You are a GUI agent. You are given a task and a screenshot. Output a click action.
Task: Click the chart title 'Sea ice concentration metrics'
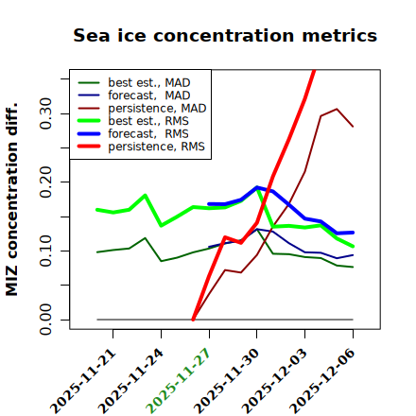225,35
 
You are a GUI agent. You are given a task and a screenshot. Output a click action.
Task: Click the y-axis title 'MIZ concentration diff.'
11,199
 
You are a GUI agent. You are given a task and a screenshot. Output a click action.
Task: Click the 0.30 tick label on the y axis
45,113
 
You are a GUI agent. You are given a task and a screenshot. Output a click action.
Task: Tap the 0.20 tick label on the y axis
45,182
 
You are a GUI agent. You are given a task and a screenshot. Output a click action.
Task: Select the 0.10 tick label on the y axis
45,251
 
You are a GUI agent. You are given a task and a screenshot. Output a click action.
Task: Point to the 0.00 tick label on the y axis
45,320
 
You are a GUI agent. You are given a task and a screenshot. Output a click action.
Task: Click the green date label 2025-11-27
179,381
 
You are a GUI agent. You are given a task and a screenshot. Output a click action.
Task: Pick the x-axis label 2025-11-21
82,381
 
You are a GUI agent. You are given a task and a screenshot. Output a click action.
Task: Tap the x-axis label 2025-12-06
322,381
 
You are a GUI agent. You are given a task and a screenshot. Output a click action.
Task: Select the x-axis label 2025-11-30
226,381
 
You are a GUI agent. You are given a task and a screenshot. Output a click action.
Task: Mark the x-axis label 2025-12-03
274,381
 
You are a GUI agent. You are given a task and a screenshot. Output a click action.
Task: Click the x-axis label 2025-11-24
130,381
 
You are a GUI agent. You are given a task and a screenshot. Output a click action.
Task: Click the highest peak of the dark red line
337,109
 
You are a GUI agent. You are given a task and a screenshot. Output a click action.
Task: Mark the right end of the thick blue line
353,233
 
